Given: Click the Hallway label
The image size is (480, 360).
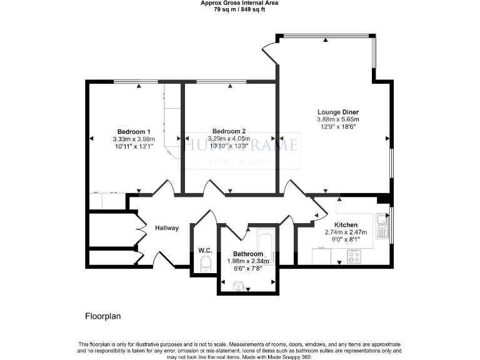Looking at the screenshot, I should point(167,228).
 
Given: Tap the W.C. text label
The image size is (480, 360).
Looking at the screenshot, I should point(205,251).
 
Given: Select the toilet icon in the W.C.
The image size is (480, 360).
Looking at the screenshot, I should point(205,267).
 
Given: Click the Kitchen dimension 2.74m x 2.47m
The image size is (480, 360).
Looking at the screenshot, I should point(346,232).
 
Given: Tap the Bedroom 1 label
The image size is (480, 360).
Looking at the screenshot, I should point(132,132).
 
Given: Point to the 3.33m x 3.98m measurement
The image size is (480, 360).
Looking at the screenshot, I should point(132,139).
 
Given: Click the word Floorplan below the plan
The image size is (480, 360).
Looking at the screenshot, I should point(102,316).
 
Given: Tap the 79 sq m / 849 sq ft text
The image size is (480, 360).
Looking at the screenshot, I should point(239,9).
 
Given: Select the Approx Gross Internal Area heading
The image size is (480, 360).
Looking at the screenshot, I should point(239,3).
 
